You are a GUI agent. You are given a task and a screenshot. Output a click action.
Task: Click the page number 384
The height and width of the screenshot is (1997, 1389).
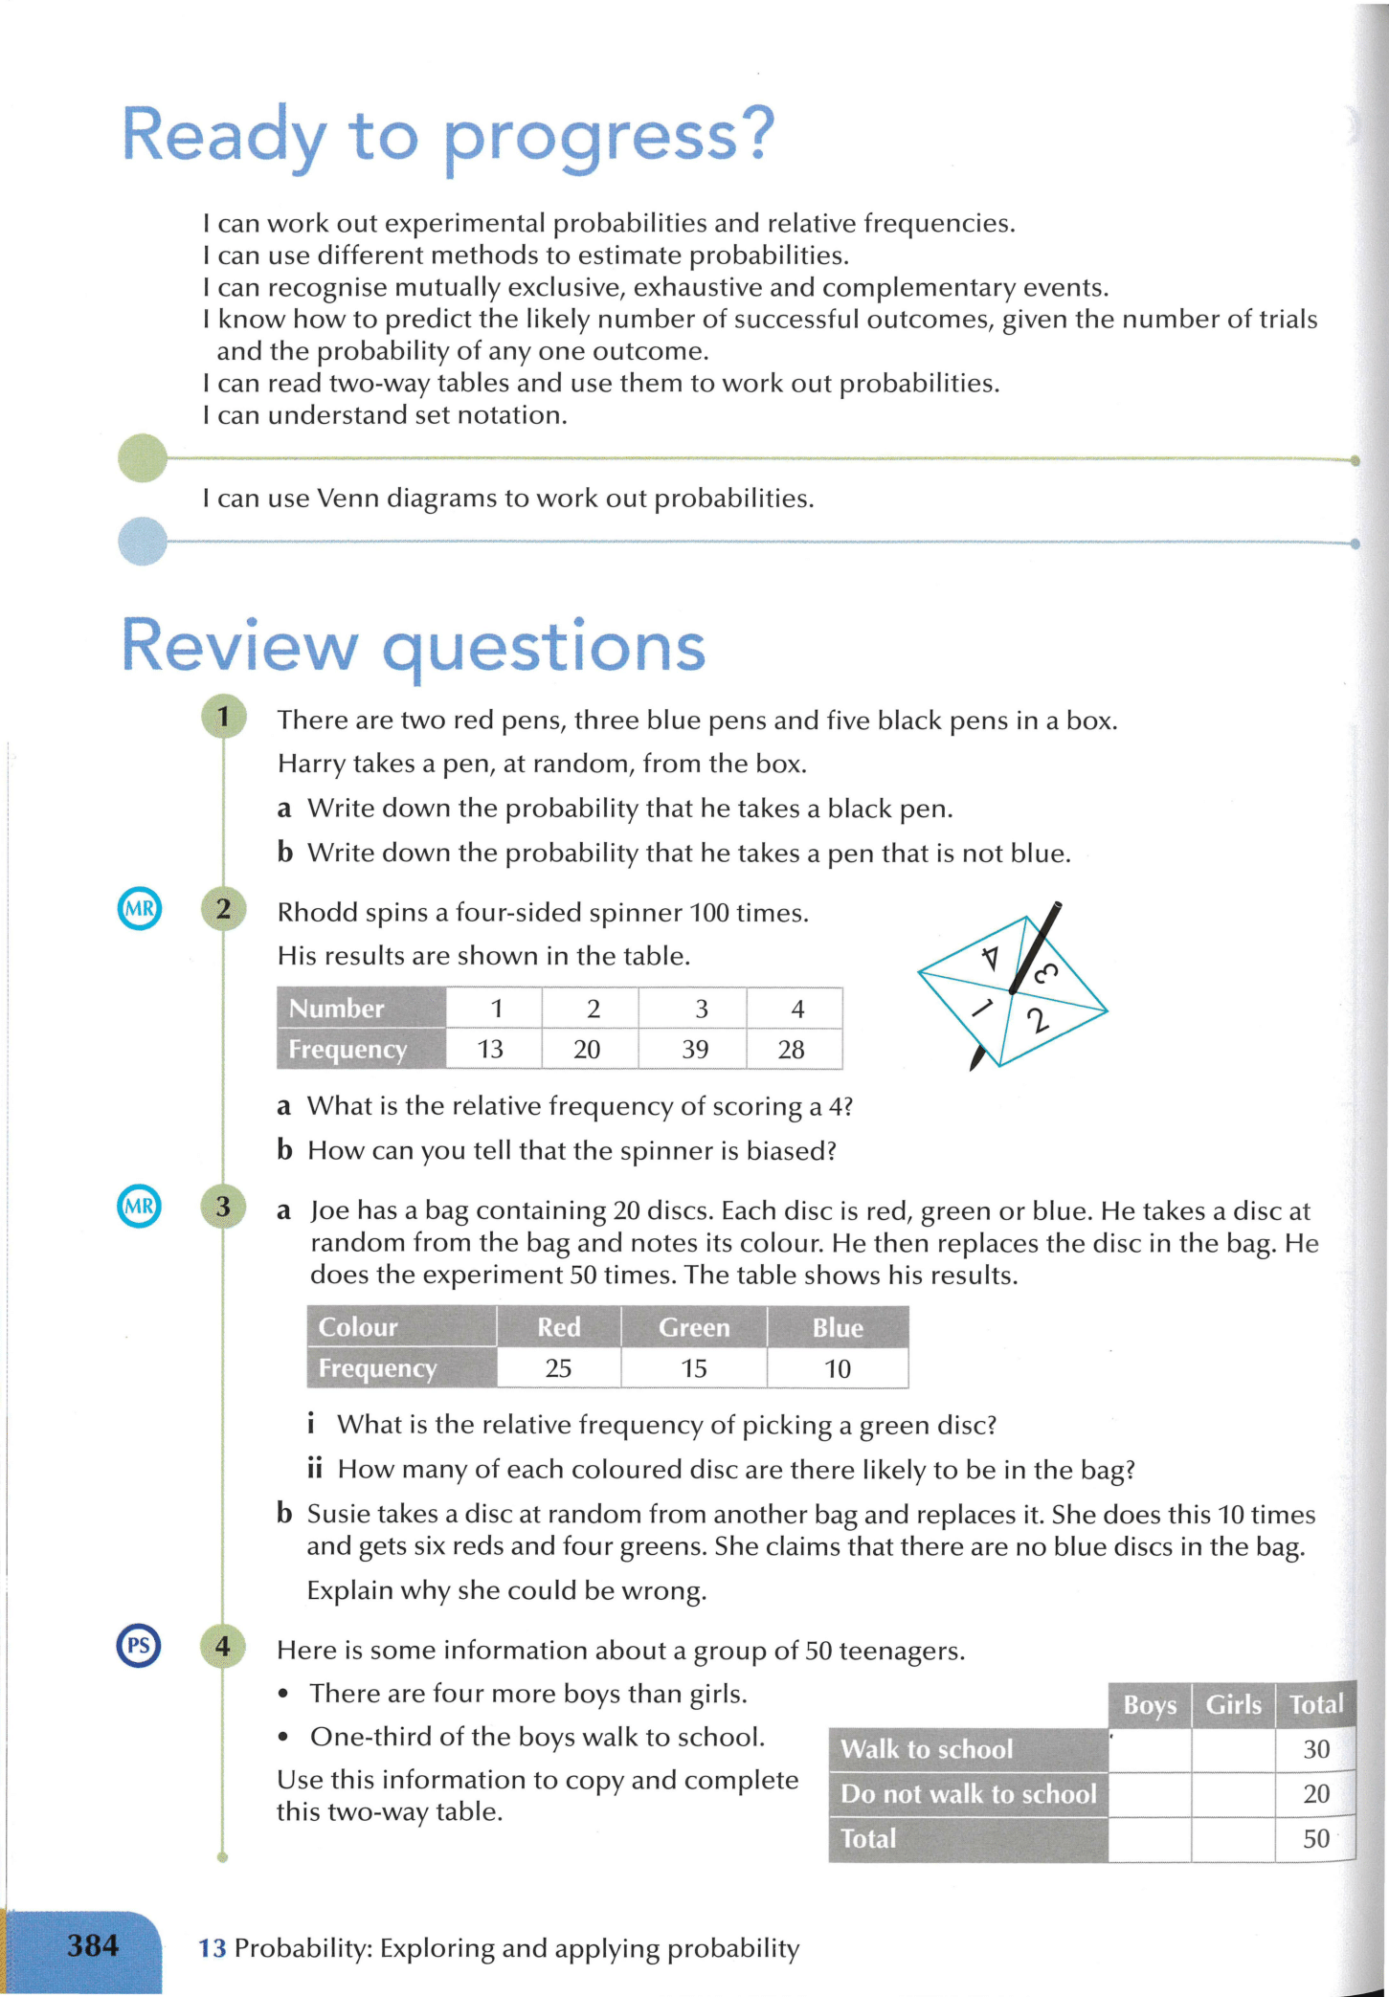93,1945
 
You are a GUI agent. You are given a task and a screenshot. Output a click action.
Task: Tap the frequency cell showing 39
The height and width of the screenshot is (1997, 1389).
695,1050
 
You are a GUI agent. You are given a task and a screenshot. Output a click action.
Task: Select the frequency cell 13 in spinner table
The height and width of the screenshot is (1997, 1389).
490,1050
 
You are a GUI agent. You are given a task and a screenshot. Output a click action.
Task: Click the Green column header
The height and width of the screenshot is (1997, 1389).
694,1327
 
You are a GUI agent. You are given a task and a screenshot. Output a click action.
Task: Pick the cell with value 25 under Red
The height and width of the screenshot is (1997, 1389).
558,1368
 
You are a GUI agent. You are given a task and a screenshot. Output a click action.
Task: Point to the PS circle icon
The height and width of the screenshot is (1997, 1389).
139,1646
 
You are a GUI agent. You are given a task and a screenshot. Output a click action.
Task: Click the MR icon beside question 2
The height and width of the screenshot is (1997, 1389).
139,909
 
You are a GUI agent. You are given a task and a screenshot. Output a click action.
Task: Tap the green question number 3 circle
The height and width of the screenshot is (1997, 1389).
223,1207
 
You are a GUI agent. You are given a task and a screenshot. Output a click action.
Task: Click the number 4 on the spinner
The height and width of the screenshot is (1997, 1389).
991,957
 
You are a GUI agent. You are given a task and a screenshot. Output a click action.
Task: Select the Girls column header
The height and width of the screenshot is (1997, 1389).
1233,1705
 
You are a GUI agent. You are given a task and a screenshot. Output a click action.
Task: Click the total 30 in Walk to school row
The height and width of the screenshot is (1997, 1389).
1316,1749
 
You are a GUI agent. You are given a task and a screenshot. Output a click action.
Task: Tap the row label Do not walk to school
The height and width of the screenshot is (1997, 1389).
968,1794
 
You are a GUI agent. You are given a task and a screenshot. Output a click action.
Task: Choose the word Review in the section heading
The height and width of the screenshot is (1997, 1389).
238,646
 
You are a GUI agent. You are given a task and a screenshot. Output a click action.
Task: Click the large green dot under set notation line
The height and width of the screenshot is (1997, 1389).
143,457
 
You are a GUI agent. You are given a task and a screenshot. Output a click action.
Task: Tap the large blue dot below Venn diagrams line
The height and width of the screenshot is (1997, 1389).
143,541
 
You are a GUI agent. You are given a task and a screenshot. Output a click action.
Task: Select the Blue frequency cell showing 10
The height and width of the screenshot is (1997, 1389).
838,1369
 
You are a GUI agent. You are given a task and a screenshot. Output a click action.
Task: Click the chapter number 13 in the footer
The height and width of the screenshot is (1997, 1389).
212,1948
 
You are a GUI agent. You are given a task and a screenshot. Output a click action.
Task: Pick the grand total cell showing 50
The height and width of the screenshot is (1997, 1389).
1316,1838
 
